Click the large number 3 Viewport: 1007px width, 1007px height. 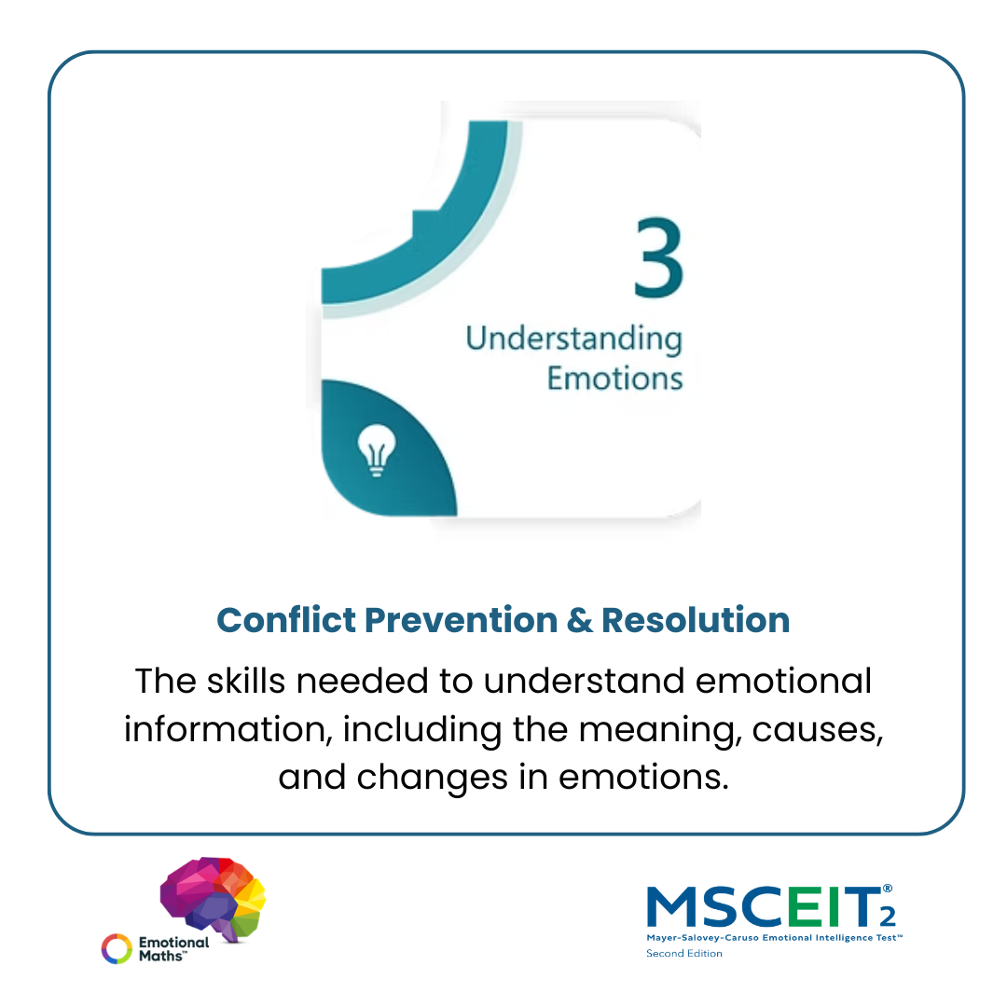tap(658, 257)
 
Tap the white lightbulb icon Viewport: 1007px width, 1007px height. tap(377, 450)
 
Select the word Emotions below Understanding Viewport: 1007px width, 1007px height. tap(614, 378)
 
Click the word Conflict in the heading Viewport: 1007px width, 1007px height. tap(286, 620)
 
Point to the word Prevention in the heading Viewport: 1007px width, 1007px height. tap(462, 620)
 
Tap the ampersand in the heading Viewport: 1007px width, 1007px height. tap(579, 620)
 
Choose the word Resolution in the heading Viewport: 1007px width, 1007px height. tap(696, 620)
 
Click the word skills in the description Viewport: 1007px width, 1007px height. tap(246, 681)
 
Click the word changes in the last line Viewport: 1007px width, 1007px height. tap(433, 779)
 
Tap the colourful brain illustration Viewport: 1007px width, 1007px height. tap(213, 898)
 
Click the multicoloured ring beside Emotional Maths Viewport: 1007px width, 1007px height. tap(117, 948)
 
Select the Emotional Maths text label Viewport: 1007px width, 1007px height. tap(173, 948)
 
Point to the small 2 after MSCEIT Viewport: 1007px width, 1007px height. tap(888, 917)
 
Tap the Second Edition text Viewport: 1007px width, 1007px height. tap(684, 954)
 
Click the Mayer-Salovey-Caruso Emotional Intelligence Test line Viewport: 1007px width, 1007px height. tap(775, 938)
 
